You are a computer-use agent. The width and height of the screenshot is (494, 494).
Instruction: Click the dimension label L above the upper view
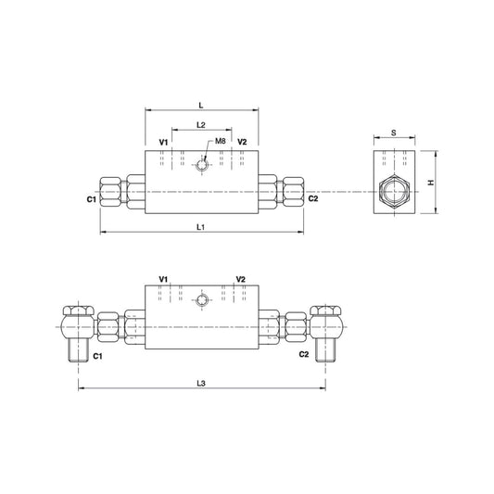point(201,106)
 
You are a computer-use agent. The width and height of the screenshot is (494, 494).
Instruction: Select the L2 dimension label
point(201,124)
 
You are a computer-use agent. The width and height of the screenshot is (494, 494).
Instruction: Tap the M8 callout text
point(221,141)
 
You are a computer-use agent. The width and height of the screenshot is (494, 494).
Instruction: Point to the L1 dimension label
point(201,227)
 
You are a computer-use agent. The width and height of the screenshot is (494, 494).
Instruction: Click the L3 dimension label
point(201,383)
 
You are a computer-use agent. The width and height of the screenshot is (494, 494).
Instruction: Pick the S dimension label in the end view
point(393,133)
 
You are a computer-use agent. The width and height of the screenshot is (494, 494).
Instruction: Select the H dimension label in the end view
point(432,182)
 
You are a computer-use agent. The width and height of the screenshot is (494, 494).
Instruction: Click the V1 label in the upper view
point(164,142)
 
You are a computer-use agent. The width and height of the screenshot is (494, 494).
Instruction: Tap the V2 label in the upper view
point(241,142)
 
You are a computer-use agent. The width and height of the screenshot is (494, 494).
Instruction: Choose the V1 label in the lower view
point(164,279)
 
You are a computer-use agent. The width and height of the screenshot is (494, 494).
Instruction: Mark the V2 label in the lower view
point(241,279)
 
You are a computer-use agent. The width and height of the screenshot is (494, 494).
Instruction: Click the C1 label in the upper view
point(92,199)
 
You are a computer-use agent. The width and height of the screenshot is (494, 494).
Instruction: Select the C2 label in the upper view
point(313,199)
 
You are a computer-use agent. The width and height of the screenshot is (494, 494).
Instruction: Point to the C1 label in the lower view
point(96,355)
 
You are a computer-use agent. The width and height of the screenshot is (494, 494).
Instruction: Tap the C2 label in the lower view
point(302,355)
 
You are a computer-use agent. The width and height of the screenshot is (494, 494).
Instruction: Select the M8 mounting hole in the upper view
point(201,166)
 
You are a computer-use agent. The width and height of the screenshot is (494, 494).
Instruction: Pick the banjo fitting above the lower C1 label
point(75,326)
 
